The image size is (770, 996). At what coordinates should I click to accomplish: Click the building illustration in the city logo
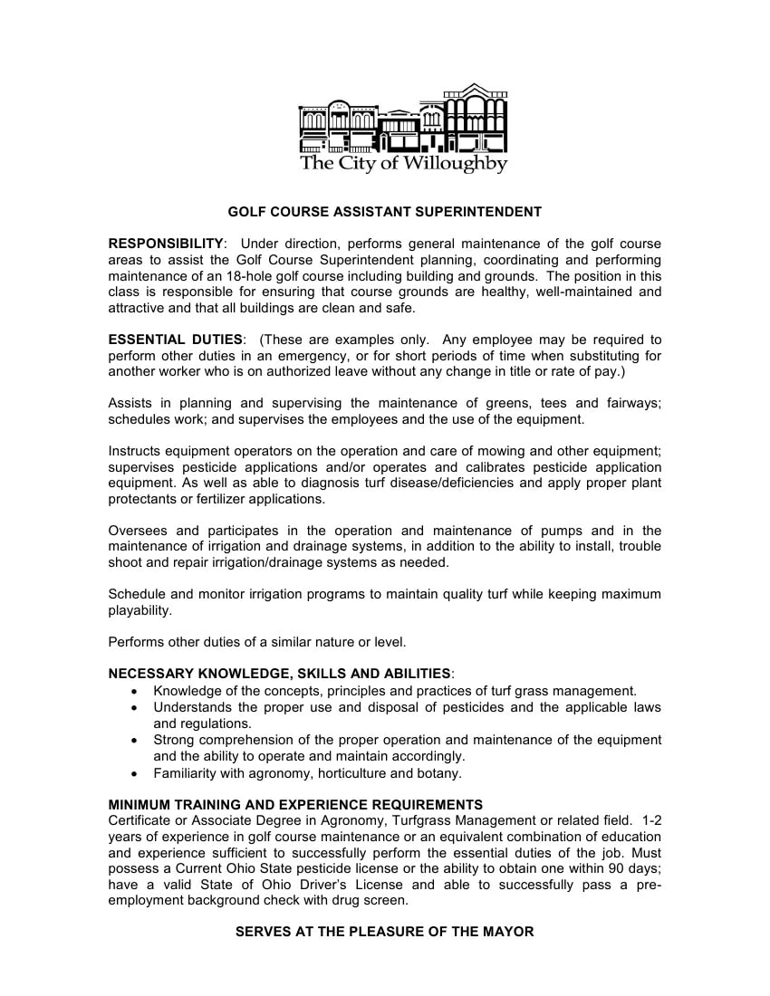(403, 120)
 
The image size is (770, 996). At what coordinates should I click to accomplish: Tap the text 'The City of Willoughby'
(403, 164)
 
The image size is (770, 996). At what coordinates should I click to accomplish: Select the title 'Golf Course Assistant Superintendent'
(384, 212)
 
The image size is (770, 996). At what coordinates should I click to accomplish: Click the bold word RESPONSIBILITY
(166, 244)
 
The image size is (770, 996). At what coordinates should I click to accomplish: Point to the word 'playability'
(140, 610)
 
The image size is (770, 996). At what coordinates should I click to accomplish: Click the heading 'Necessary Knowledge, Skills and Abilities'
(279, 674)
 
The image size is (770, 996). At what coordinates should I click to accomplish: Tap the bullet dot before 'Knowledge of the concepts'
(135, 691)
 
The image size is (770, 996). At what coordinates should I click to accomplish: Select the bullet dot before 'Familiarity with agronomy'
(135, 774)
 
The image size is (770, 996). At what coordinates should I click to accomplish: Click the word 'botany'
(439, 773)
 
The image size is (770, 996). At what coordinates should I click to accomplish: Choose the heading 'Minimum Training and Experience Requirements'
(295, 804)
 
